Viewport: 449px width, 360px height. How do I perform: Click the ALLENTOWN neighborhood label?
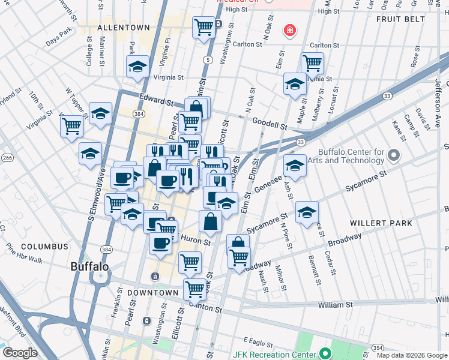coord(123,28)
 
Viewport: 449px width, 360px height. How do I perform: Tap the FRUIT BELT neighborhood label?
coord(400,19)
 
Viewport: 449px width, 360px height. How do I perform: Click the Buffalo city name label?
coord(89,266)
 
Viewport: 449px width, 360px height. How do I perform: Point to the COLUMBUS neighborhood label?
coord(44,247)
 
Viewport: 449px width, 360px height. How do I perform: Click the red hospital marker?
coord(290,30)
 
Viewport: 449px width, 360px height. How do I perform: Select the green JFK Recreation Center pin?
coord(325,353)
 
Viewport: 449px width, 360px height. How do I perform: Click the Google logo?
coord(20,353)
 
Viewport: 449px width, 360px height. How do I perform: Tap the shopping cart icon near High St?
coord(204,26)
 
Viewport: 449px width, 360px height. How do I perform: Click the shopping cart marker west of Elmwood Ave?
coord(71,126)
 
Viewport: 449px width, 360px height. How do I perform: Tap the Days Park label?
coord(59,41)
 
